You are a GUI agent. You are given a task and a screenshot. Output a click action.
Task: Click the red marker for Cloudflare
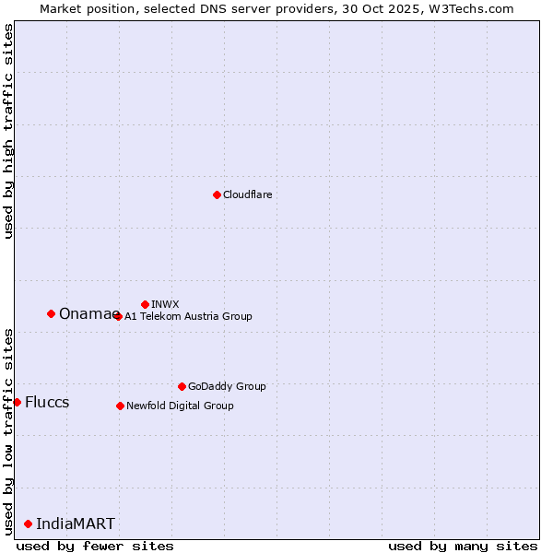pos(217,194)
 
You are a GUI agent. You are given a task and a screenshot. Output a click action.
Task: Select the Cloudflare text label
pos(247,194)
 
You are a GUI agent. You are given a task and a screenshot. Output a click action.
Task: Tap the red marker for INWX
pos(145,304)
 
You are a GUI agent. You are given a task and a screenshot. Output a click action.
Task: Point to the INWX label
pos(165,304)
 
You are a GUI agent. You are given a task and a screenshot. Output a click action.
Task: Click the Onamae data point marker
pos(51,313)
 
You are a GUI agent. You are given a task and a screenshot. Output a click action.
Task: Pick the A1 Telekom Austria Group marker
pos(118,316)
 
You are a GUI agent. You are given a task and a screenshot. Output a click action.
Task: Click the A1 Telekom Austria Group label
pos(188,316)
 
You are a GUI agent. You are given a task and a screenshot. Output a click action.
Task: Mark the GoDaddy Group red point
pos(182,386)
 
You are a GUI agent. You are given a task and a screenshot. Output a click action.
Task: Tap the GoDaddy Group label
pos(227,386)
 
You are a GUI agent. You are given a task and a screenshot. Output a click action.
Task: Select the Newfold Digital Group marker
pos(120,406)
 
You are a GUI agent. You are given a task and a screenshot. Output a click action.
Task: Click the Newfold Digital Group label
pos(180,406)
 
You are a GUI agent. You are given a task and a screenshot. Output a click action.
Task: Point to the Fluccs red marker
pos(17,402)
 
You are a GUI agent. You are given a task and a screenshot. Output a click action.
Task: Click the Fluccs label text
pos(47,403)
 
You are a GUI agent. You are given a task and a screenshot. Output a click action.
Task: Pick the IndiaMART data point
pos(28,524)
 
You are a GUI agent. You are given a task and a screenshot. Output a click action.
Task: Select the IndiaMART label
pos(76,524)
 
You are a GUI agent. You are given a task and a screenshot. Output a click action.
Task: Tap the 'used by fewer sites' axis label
pos(95,546)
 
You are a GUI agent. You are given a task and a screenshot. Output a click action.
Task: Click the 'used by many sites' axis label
pos(463,546)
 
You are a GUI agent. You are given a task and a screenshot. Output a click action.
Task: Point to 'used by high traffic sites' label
pos(8,132)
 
